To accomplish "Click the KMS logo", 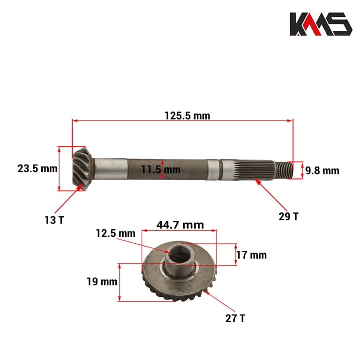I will (320, 24).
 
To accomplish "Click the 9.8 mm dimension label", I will (322, 171).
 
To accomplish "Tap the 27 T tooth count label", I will (235, 318).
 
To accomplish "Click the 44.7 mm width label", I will (180, 225).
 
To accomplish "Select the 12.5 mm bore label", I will (115, 233).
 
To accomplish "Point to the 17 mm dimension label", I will (252, 255).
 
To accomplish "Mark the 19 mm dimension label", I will (102, 282).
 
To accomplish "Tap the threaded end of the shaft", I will (284, 169).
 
